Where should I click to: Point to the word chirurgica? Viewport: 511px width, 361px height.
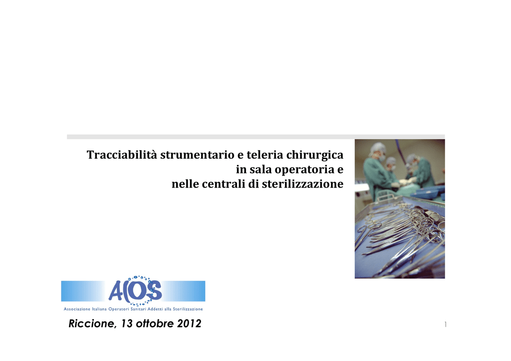pyautogui.click(x=315, y=155)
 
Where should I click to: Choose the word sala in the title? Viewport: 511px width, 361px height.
pyautogui.click(x=260, y=169)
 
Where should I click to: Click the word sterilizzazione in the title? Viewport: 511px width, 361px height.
pyautogui.click(x=302, y=184)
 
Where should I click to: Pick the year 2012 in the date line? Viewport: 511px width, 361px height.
pyautogui.click(x=189, y=323)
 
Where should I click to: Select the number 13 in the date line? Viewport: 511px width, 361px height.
pyautogui.click(x=127, y=323)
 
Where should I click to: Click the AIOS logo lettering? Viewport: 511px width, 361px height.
pyautogui.click(x=135, y=291)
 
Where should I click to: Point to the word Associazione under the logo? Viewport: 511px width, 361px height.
pyautogui.click(x=77, y=309)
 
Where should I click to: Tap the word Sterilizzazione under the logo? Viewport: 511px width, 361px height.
pyautogui.click(x=188, y=309)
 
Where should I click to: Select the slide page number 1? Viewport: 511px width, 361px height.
pyautogui.click(x=446, y=324)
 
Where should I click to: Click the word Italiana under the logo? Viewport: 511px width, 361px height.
pyautogui.click(x=99, y=309)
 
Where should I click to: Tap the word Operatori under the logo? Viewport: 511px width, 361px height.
pyautogui.click(x=119, y=309)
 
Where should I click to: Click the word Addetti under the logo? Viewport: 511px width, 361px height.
pyautogui.click(x=155, y=309)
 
